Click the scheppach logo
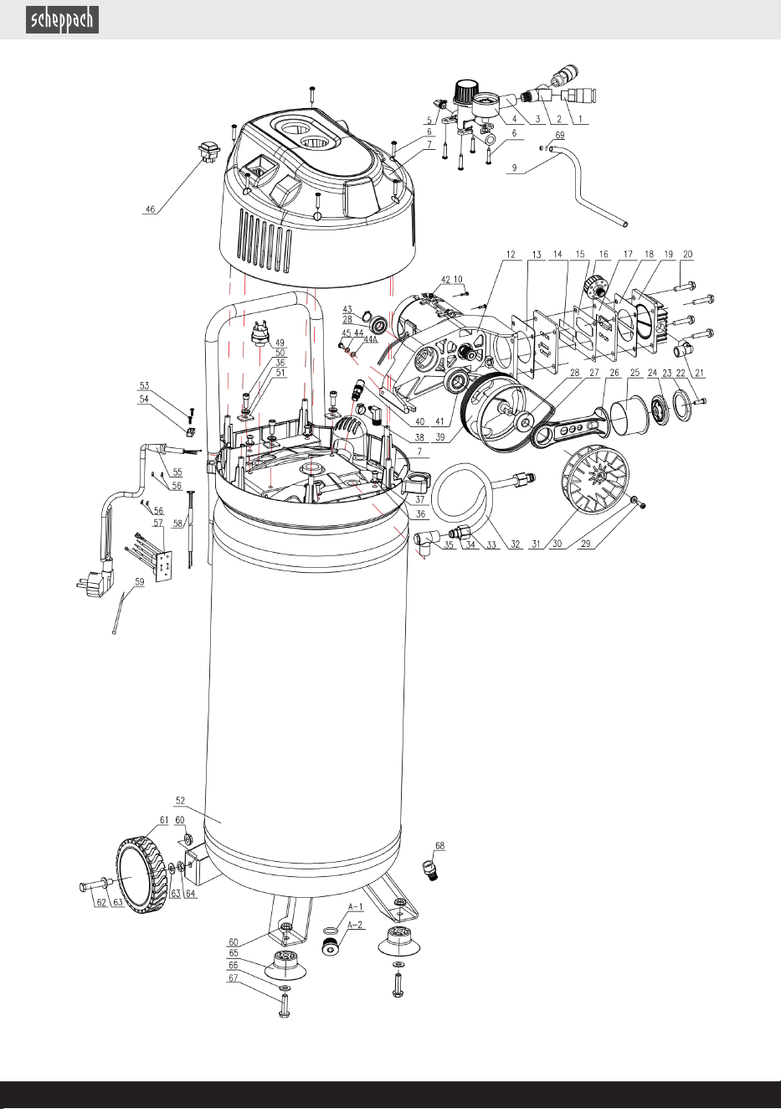pos(62,20)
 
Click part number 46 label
pos(150,209)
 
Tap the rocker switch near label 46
pos(209,152)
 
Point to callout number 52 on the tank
pos(180,801)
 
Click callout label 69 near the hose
pos(560,135)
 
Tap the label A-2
pos(356,925)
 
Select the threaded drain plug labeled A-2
pos(329,945)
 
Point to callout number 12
pos(511,255)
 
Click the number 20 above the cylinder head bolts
pos(688,255)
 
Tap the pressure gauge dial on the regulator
pos(487,105)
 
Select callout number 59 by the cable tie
pos(140,582)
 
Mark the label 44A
pos(371,339)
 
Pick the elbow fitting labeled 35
pos(425,541)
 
